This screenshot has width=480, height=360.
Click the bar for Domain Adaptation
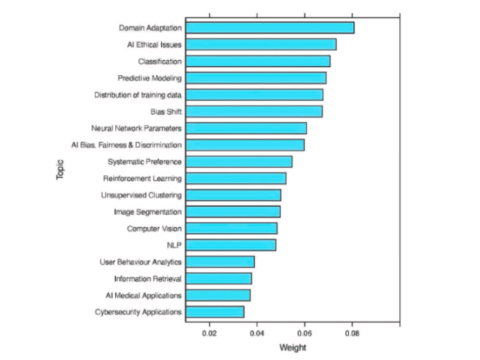pyautogui.click(x=269, y=28)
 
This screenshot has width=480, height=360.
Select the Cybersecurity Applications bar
pyautogui.click(x=215, y=312)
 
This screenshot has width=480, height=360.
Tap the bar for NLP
pyautogui.click(x=231, y=245)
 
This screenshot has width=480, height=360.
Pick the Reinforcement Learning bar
pyautogui.click(x=236, y=178)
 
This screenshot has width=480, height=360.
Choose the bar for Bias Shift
pyautogui.click(x=254, y=112)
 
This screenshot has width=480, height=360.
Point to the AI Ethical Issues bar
pyautogui.click(x=261, y=44)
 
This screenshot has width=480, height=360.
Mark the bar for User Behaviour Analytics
pyautogui.click(x=220, y=262)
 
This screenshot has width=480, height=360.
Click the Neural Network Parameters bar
pyautogui.click(x=246, y=128)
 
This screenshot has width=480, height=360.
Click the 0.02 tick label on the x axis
pyautogui.click(x=209, y=334)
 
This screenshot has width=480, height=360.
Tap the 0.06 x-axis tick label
pyautogui.click(x=304, y=334)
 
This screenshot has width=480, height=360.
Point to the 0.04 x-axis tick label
pyautogui.click(x=257, y=334)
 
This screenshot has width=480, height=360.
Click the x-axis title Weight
pyautogui.click(x=293, y=348)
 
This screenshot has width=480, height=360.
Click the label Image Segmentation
pyautogui.click(x=148, y=212)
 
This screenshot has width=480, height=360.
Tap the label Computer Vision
pyautogui.click(x=154, y=228)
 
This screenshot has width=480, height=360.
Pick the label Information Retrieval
pyautogui.click(x=148, y=278)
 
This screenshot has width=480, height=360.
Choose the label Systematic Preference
pyautogui.click(x=145, y=162)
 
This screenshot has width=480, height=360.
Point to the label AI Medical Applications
pyautogui.click(x=143, y=295)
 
